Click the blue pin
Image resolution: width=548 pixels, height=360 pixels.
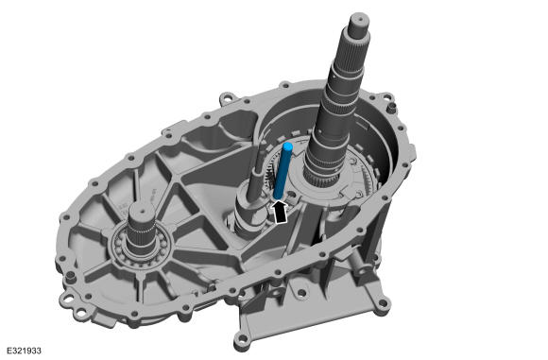283,171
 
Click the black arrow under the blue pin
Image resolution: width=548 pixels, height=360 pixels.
280,212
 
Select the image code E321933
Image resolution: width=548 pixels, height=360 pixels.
24,351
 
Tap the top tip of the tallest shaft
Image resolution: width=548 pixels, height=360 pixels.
359,16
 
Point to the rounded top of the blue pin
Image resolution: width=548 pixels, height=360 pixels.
288,146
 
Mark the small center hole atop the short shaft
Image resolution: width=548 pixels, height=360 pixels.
142,211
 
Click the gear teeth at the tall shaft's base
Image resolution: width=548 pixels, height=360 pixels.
321,180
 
